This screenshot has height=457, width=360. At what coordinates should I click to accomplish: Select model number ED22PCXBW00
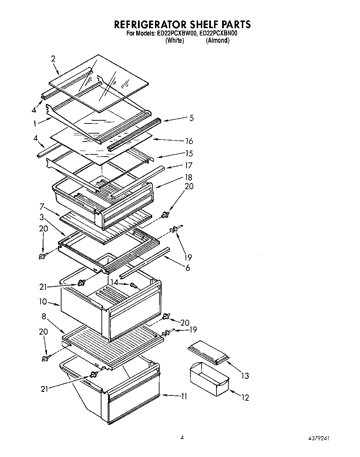point(177,34)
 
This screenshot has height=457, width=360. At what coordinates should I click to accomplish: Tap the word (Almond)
point(218,40)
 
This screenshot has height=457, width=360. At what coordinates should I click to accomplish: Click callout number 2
point(53,59)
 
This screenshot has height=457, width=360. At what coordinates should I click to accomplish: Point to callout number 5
point(191,118)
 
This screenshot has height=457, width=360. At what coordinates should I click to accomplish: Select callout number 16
point(189,141)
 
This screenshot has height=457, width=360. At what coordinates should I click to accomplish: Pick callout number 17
point(189,165)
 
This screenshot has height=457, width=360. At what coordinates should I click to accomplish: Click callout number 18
point(189,177)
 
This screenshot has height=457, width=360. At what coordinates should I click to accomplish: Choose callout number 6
point(188,268)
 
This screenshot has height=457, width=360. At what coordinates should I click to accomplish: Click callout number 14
point(114,282)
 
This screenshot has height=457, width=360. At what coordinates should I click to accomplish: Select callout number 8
point(44,316)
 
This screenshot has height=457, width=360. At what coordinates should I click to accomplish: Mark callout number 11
point(184,396)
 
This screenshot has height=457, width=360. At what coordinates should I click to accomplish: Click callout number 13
point(245,376)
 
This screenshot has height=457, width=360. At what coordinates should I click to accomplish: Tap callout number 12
point(245,398)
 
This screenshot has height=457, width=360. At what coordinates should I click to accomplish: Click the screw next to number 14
point(133,286)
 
